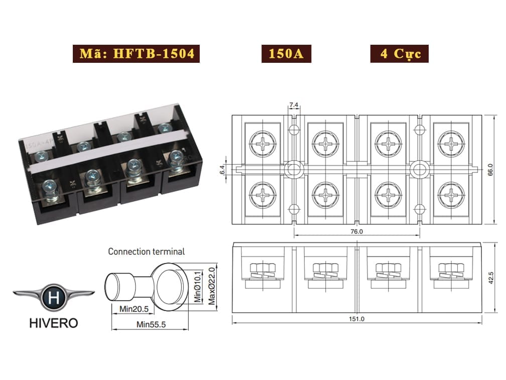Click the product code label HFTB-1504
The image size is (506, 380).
point(136,54)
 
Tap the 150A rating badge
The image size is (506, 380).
point(286,54)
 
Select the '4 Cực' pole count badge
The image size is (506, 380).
point(400,54)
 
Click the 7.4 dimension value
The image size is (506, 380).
point(294,105)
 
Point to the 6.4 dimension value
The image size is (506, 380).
point(222,170)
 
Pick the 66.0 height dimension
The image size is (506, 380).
point(490,170)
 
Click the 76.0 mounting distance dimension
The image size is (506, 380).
point(356,232)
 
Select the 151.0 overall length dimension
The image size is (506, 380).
point(356,319)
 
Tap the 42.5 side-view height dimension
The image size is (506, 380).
point(491,278)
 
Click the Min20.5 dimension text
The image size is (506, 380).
point(134,309)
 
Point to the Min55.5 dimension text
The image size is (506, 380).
point(151,324)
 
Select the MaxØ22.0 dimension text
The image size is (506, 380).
point(212,287)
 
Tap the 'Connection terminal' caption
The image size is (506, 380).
point(146,252)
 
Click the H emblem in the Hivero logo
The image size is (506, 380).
point(54,297)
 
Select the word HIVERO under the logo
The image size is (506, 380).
point(54,323)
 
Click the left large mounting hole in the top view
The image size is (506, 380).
point(293,170)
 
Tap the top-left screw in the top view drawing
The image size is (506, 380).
point(263,143)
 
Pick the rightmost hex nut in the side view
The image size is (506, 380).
point(451,268)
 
